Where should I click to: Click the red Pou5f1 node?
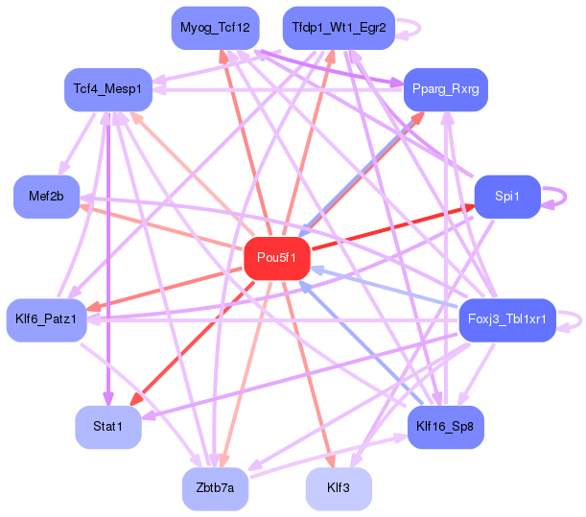click(277, 258)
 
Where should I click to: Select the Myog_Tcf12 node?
click(215, 28)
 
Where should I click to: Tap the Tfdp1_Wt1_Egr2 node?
click(339, 28)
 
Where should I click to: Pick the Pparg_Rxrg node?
click(445, 90)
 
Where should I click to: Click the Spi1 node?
click(507, 197)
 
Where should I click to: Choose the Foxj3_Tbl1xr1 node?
click(507, 320)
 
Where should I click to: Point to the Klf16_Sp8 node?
click(445, 427)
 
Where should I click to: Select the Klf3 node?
click(339, 488)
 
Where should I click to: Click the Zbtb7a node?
click(215, 488)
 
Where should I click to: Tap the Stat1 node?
click(108, 427)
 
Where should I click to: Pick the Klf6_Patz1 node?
click(47, 320)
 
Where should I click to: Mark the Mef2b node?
click(47, 197)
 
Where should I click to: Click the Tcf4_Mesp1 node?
click(108, 90)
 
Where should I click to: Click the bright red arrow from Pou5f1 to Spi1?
click(393, 227)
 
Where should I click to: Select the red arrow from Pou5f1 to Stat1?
click(193, 343)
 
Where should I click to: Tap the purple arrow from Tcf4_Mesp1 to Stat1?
click(108, 259)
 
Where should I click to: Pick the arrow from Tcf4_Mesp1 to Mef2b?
click(77, 145)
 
